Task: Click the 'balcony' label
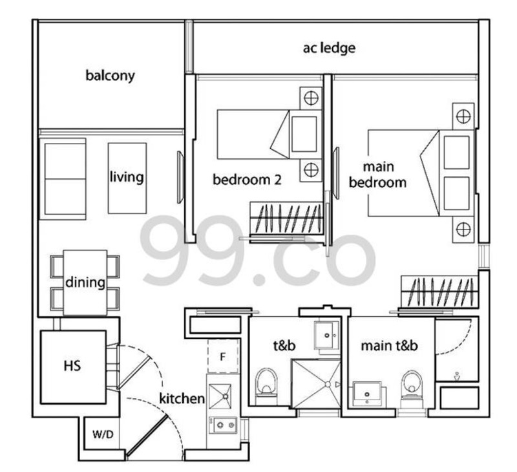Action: click(110, 76)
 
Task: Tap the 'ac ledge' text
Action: click(329, 48)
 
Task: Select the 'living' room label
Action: click(127, 177)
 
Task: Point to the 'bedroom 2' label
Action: click(247, 180)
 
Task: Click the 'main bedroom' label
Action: click(378, 175)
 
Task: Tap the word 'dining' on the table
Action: click(85, 283)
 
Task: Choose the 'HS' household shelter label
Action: click(72, 366)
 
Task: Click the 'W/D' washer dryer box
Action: click(103, 434)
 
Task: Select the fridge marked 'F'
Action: click(223, 356)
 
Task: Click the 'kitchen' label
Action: click(182, 398)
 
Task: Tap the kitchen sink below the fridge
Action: click(220, 396)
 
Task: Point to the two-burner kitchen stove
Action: click(222, 425)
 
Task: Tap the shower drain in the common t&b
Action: click(328, 384)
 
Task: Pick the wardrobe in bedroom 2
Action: click(286, 219)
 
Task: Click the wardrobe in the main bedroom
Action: click(439, 292)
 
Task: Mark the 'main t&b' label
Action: click(390, 346)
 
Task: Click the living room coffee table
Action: click(127, 178)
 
